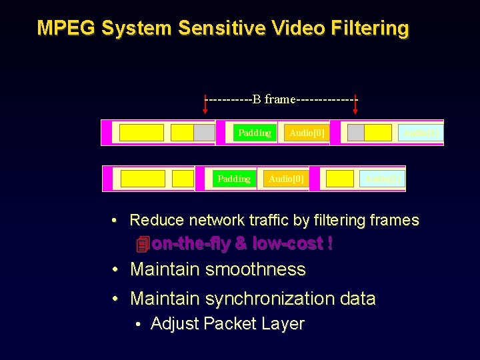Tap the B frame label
[280, 99]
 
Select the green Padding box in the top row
[255, 133]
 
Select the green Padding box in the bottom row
[234, 179]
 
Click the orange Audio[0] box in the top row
[307, 133]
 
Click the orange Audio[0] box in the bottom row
[285, 179]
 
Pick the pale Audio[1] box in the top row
[421, 133]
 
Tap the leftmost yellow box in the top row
[141, 133]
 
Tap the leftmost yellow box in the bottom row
[143, 179]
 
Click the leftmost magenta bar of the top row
[106, 133]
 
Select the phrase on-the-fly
[191, 244]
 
